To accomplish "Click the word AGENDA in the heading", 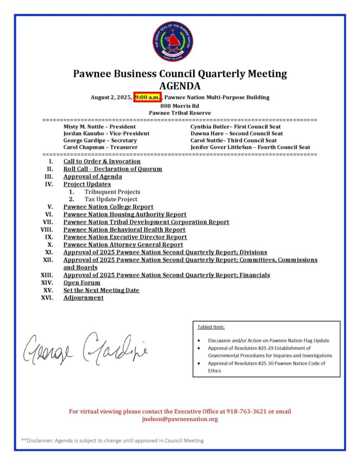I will coord(180,86).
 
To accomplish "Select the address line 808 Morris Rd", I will coord(180,105).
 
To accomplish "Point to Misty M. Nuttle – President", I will coord(100,127).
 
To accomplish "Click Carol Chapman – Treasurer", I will coord(100,147).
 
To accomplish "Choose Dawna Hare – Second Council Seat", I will coord(237,134).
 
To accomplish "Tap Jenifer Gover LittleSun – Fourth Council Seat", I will coord(250,147).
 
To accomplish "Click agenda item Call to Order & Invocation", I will coord(102,161).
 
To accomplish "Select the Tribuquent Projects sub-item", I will coord(112,192).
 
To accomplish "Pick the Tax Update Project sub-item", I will coord(111,199).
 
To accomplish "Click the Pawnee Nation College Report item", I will coord(108,207).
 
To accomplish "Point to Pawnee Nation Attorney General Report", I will coord(123,245).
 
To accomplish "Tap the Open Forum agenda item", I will coord(82,282).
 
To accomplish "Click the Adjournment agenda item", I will coord(83,298).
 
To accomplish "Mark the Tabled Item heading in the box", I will coord(211,327).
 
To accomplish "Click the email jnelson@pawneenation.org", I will coord(180,419).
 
